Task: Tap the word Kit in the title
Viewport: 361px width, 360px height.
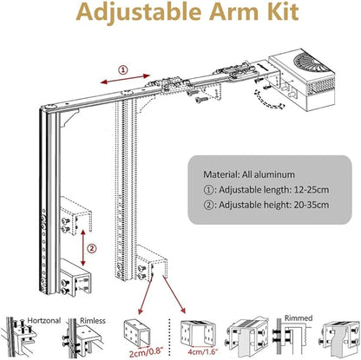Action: tap(282, 11)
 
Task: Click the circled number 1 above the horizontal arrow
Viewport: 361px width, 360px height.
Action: tap(123, 70)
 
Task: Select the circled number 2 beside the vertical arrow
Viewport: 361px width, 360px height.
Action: tap(92, 248)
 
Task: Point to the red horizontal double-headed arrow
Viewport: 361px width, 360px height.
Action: tap(125, 79)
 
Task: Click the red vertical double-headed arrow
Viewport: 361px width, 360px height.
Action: tap(83, 247)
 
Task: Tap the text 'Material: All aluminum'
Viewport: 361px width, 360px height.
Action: tap(249, 174)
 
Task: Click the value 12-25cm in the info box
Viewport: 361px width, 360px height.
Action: tap(312, 190)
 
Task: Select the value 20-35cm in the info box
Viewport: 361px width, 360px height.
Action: tap(312, 205)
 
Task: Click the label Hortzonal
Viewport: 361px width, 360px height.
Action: tap(44, 320)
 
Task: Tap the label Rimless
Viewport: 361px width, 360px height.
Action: tap(93, 320)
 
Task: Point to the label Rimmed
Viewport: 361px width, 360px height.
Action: tap(299, 318)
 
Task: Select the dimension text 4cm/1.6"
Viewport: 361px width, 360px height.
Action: tap(202, 352)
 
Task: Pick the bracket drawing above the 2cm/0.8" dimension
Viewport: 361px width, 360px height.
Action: tap(136, 332)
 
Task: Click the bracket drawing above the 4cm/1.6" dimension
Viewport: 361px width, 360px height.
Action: tap(198, 332)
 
